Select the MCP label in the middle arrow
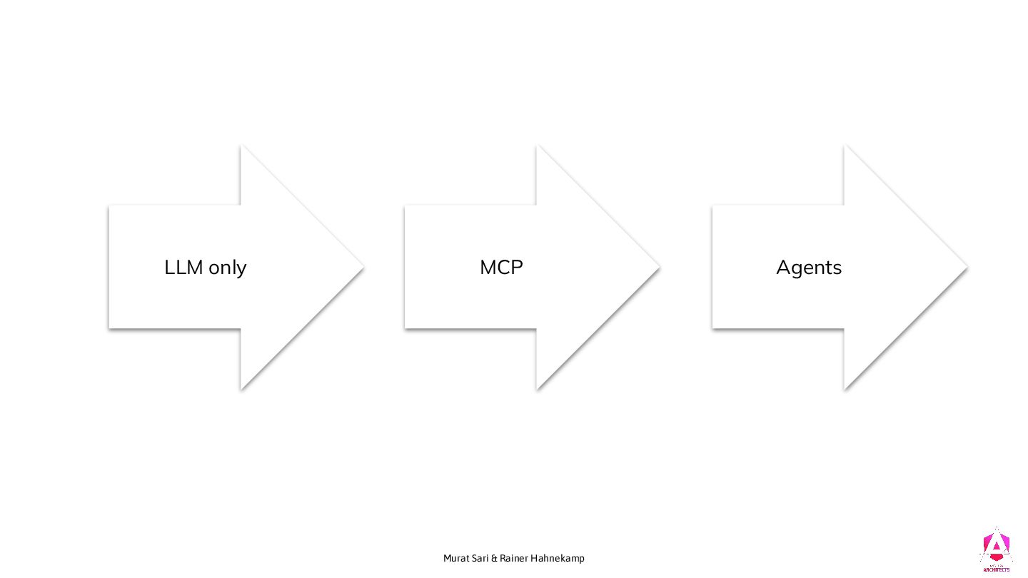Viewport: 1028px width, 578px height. click(501, 268)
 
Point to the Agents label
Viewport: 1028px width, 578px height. click(809, 268)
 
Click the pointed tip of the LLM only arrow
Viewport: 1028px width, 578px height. click(363, 268)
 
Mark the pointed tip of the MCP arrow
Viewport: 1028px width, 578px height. click(659, 268)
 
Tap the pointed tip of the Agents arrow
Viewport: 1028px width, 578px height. click(967, 268)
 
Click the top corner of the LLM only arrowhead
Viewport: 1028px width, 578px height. click(241, 146)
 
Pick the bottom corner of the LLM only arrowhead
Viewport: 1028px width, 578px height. click(241, 388)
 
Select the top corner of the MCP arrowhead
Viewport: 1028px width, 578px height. click(538, 146)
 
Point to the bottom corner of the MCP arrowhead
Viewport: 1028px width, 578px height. click(538, 388)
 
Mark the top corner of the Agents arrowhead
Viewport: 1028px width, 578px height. click(845, 146)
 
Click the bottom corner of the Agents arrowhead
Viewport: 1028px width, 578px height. click(845, 388)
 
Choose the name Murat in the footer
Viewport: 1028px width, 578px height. click(455, 558)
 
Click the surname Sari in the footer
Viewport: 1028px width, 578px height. click(480, 558)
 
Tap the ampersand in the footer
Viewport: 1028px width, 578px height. click(494, 558)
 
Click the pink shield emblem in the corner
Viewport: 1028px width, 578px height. click(996, 545)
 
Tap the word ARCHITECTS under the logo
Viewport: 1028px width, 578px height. click(996, 570)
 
